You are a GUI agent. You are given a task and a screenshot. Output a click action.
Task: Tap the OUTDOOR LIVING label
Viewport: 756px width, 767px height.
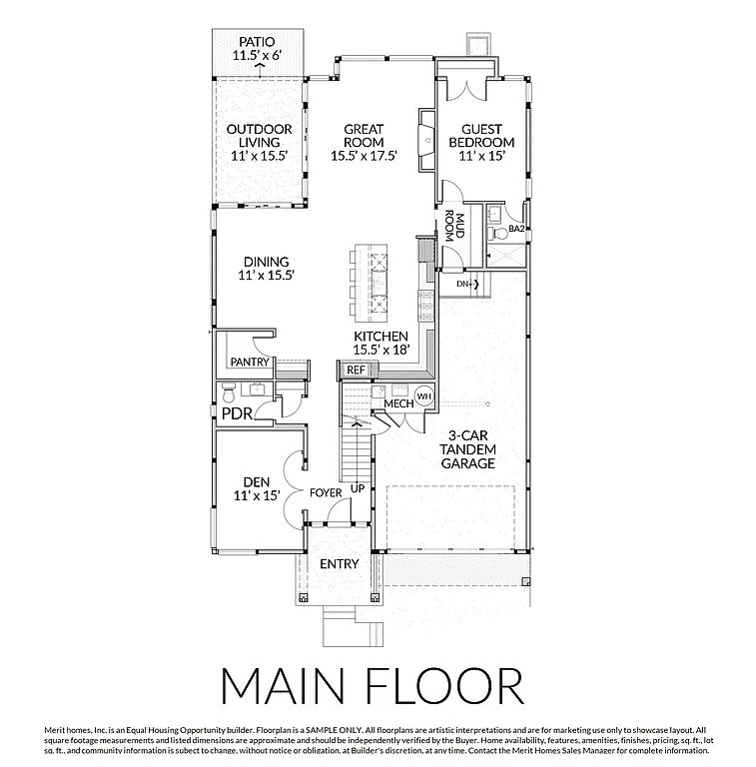point(259,135)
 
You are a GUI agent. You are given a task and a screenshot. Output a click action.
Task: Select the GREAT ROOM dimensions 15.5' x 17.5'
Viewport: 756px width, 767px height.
point(365,155)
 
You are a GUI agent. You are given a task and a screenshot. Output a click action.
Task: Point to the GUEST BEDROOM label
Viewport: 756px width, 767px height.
point(488,135)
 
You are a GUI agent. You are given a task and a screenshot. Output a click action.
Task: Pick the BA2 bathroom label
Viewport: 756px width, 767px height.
point(516,229)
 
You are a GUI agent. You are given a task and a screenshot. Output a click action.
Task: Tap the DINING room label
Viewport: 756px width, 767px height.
point(266,262)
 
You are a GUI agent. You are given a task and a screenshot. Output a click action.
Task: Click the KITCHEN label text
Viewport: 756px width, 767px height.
point(380,337)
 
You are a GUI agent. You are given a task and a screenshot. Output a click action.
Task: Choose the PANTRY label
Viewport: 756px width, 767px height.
point(249,362)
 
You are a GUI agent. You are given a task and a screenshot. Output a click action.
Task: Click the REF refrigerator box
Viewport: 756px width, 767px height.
point(356,370)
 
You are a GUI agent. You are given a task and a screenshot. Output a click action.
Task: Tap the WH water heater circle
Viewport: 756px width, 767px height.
point(422,395)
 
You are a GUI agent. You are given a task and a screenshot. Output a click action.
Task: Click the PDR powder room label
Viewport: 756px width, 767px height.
point(237,412)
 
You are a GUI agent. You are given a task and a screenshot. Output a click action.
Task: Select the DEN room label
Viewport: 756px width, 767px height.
point(256,480)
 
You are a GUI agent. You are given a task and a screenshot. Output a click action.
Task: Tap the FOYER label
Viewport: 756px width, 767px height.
point(326,492)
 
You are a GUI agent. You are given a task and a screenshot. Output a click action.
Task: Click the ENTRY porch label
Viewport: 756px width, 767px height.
point(339,564)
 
